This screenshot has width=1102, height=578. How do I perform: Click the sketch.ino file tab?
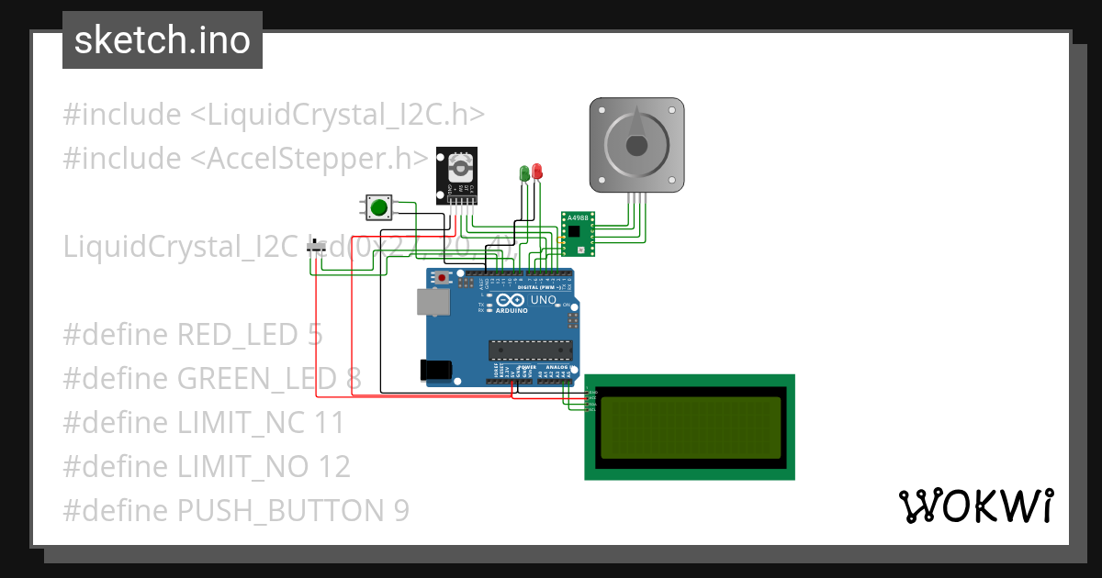pyautogui.click(x=163, y=40)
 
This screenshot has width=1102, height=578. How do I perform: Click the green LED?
pyautogui.click(x=524, y=172)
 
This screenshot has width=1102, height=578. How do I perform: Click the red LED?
pyautogui.click(x=537, y=172)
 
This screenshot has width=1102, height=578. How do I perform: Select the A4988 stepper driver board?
pyautogui.click(x=578, y=234)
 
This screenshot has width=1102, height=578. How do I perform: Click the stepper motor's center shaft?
pyautogui.click(x=636, y=145)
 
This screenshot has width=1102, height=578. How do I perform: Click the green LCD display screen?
pyautogui.click(x=690, y=427)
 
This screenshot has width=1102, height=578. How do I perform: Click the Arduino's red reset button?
pyautogui.click(x=443, y=277)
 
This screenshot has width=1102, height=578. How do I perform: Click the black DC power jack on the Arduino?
pyautogui.click(x=436, y=369)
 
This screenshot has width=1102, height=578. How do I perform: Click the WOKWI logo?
pyautogui.click(x=975, y=506)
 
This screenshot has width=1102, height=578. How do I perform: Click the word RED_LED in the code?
pyautogui.click(x=237, y=334)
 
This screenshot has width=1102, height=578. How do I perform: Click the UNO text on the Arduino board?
pyautogui.click(x=544, y=299)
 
